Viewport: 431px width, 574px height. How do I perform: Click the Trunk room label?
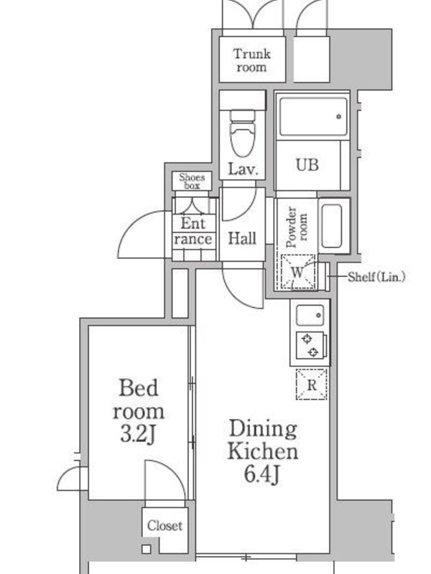coord(252,60)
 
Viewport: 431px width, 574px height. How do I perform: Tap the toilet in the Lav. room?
coord(242,133)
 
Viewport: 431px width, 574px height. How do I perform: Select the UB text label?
coord(307,165)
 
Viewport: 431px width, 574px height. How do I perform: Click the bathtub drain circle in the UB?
coord(338,117)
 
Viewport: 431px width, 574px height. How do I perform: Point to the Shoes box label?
coord(192,182)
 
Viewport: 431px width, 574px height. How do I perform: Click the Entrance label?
coord(193,231)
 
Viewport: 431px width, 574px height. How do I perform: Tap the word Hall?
coord(242,238)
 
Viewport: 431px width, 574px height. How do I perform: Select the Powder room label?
coord(296,227)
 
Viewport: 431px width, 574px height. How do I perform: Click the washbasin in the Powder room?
coord(332,226)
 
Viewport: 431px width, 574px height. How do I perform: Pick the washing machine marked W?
coord(297,272)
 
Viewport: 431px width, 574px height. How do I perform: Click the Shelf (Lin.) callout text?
coord(376,277)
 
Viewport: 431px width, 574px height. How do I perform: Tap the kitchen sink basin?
coord(310,315)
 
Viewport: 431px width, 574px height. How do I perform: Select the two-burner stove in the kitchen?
coord(310,346)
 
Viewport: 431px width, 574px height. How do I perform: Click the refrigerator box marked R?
coord(311,385)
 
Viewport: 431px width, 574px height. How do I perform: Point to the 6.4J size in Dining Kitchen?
coord(261,474)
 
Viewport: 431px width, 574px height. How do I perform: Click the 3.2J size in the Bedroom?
coord(138,435)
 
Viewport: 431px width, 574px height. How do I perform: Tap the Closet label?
coord(164,526)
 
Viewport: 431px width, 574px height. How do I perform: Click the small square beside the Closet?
coord(147,549)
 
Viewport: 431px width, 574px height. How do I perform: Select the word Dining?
coord(263,429)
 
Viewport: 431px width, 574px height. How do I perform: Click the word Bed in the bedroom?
coord(139,387)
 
